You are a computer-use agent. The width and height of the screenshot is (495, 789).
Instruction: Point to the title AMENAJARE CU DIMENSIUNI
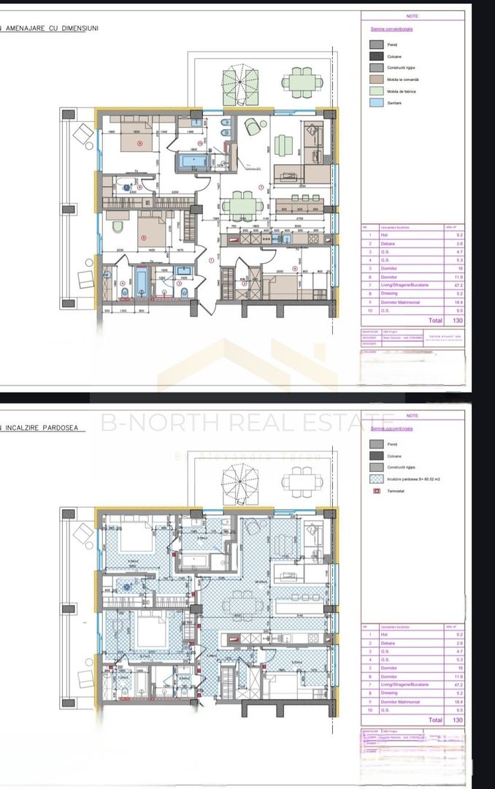[x=51, y=28]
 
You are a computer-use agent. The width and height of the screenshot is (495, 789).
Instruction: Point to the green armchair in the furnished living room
[x=254, y=126]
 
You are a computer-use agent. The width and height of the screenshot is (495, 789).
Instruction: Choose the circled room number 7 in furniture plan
[x=261, y=186]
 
